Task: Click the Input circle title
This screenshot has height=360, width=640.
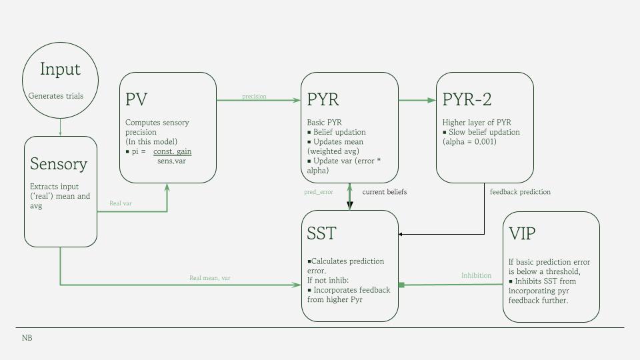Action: click(60, 69)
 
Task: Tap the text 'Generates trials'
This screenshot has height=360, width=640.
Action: click(56, 96)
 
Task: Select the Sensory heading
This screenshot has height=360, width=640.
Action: click(59, 164)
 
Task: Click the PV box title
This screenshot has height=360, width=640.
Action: click(136, 100)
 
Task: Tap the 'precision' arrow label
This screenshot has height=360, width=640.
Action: click(254, 97)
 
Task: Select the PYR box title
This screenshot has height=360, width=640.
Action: click(323, 100)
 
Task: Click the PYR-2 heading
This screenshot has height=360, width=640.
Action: click(467, 100)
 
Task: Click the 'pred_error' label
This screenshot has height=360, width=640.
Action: click(319, 192)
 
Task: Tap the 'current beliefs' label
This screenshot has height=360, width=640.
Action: click(385, 192)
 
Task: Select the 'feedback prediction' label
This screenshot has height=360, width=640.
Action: click(520, 192)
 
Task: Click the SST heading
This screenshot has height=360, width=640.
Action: click(322, 234)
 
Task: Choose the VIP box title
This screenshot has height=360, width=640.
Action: click(522, 234)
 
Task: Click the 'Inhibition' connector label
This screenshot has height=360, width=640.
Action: click(476, 275)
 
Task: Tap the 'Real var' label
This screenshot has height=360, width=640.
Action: click(121, 203)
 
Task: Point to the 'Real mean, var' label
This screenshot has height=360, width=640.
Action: click(209, 278)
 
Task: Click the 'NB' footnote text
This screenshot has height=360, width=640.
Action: click(27, 339)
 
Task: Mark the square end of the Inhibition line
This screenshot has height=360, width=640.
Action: click(401, 285)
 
